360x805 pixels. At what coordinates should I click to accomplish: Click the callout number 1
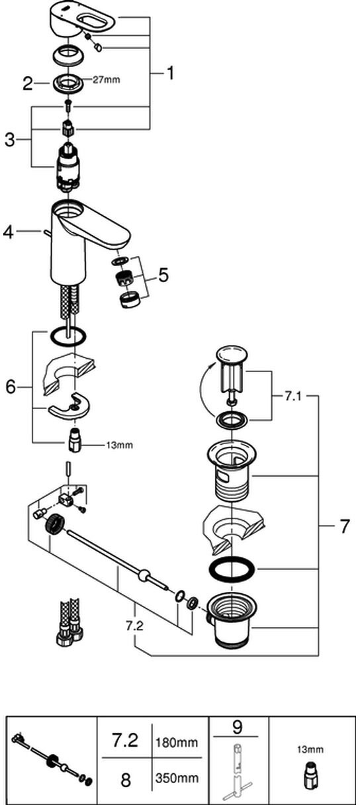point(170,73)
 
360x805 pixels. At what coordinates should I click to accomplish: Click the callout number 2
point(27,83)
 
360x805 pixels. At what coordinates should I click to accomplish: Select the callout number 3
point(10,140)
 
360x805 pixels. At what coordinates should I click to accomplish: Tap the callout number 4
point(9,232)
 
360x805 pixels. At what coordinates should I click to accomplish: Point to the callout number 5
point(163,275)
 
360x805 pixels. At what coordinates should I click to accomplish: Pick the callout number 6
point(11,387)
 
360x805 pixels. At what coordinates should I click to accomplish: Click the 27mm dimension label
point(107,80)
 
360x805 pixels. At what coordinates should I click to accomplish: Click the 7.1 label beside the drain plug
point(292,397)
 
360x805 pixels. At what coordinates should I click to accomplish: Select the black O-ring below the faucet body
point(68,337)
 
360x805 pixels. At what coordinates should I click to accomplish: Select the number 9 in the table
point(238,727)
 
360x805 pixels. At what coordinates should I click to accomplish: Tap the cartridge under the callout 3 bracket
point(68,166)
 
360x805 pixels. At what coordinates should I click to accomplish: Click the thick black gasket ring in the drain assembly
point(232,569)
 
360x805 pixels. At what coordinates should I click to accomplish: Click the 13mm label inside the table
point(310,750)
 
